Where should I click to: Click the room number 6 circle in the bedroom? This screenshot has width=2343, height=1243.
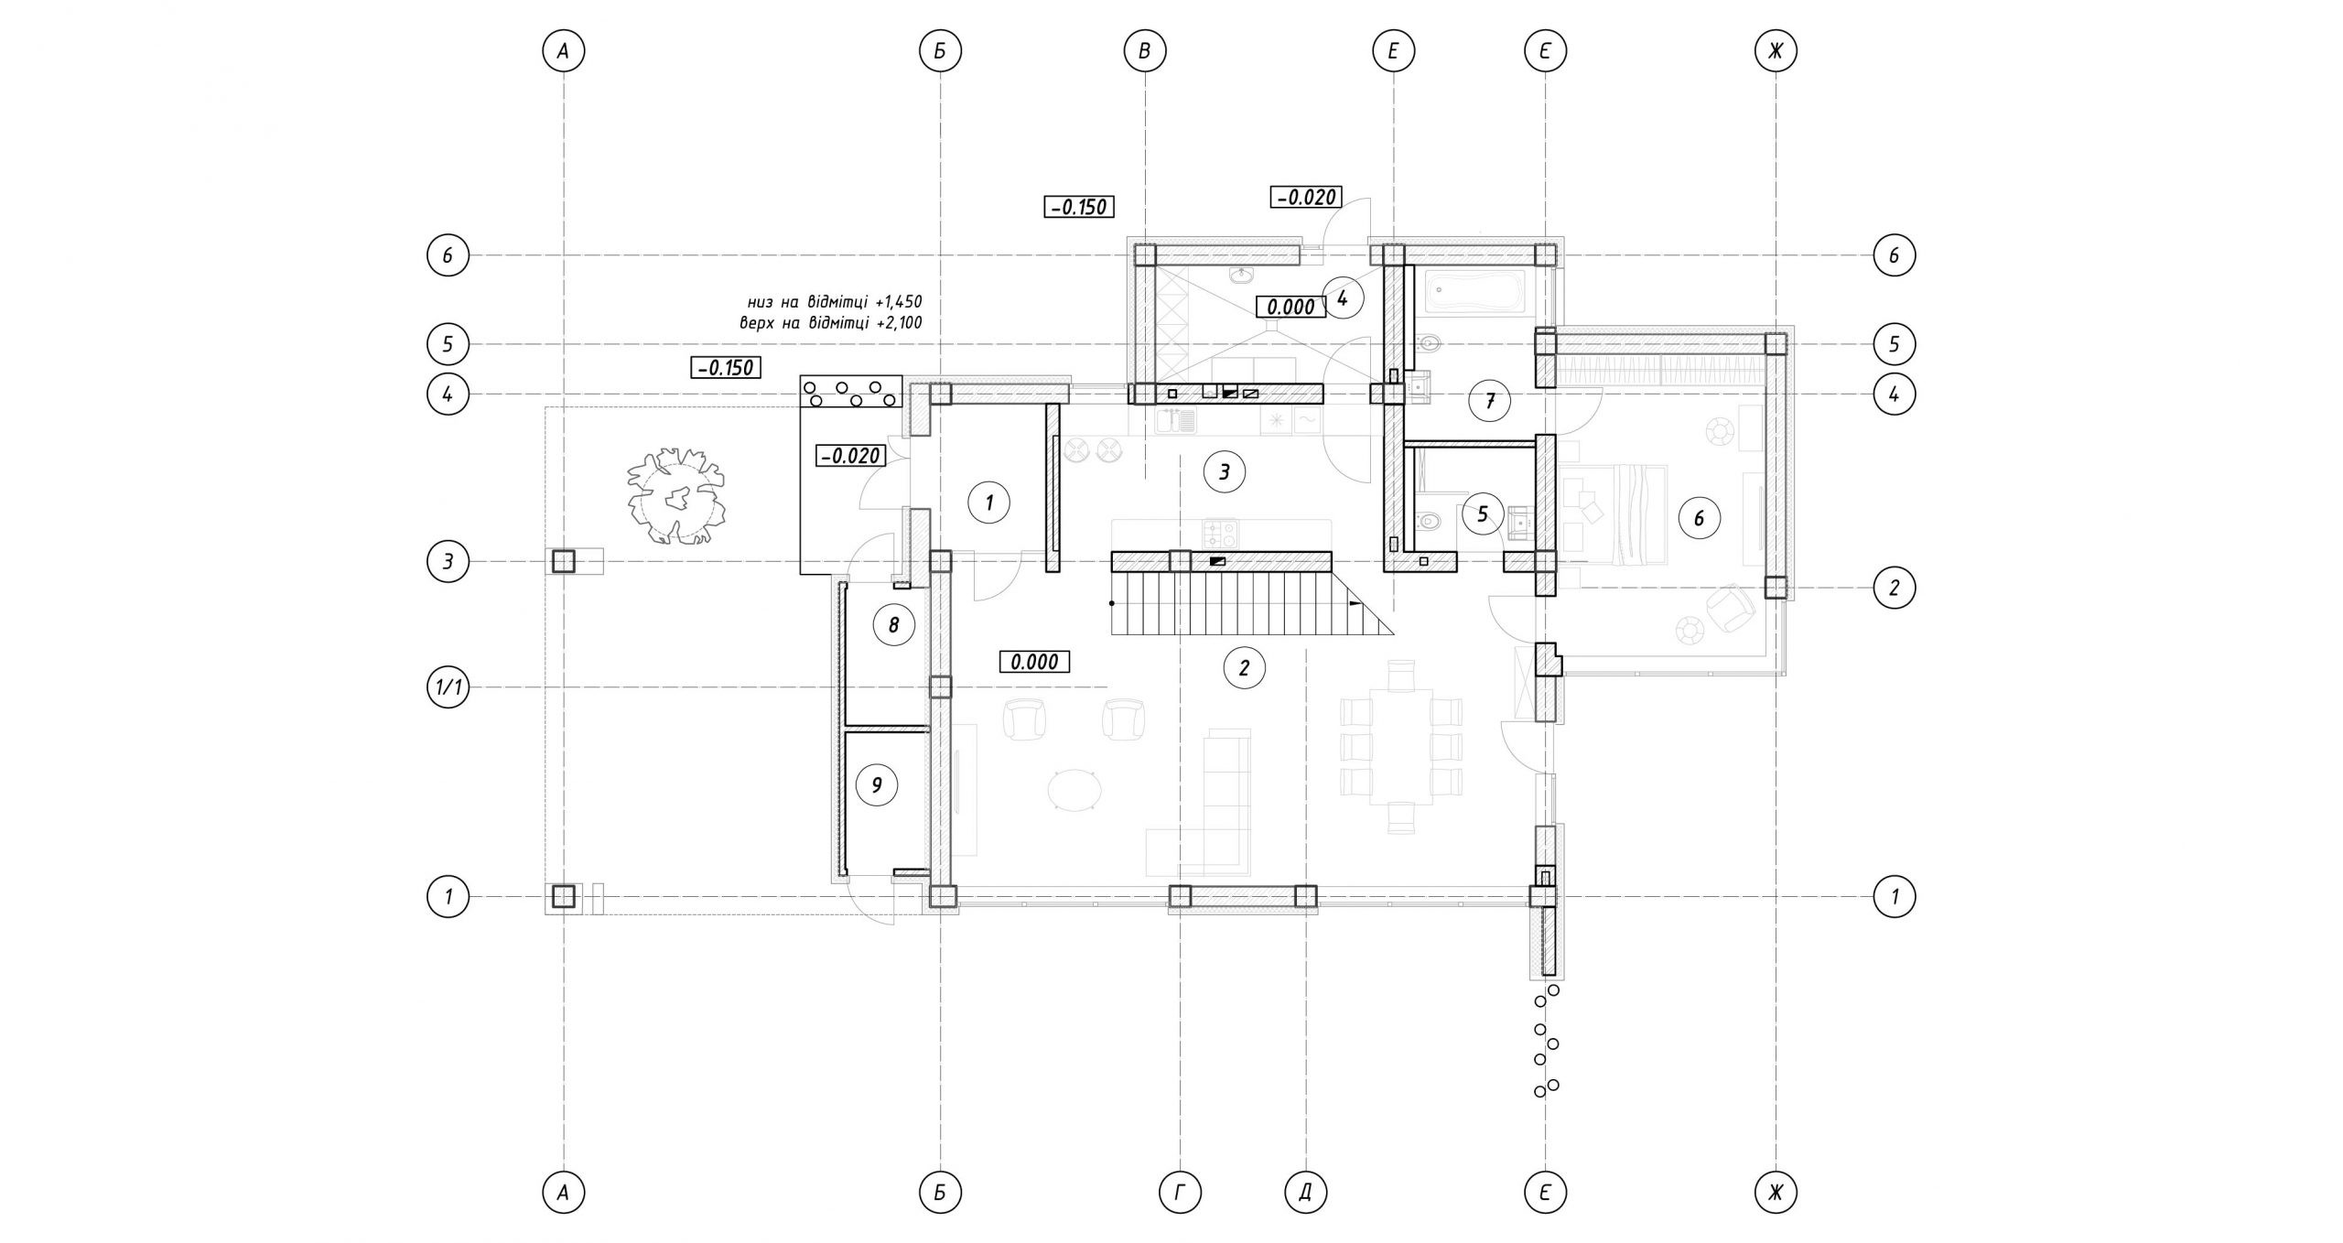[x=1699, y=519]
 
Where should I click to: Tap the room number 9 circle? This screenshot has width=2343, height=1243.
[x=877, y=784]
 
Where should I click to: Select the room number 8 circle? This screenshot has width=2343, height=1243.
[x=894, y=625]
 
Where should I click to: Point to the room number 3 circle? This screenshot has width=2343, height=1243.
[x=1224, y=471]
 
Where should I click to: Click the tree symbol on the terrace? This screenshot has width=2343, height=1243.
[x=676, y=495]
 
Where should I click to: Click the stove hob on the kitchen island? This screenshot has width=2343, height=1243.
[x=1219, y=533]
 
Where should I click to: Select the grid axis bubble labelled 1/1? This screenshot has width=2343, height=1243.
[x=448, y=687]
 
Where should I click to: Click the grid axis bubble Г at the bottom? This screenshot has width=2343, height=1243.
[x=1180, y=1192]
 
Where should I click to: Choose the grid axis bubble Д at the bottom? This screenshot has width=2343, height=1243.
[x=1306, y=1192]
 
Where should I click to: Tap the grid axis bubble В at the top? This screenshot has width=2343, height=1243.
[x=1145, y=51]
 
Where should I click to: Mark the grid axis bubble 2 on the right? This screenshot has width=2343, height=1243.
[x=1894, y=587]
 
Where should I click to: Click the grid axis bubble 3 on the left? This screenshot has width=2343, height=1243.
[x=448, y=561]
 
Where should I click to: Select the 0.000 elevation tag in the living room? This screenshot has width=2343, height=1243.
[x=1034, y=661]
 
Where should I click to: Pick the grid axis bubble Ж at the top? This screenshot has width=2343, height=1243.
[x=1776, y=51]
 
